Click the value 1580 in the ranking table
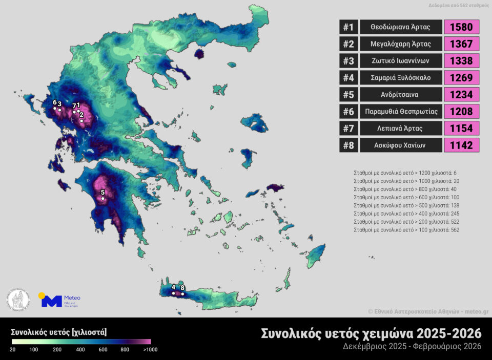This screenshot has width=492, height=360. pyautogui.click(x=461, y=27)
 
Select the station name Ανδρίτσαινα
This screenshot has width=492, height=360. pyautogui.click(x=401, y=94)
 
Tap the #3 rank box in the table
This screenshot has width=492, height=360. pyautogui.click(x=348, y=60)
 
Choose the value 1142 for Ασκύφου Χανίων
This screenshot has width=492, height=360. pyautogui.click(x=461, y=145)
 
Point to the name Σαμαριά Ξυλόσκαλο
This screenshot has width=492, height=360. pyautogui.click(x=401, y=77)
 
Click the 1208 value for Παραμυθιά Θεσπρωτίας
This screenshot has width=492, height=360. pyautogui.click(x=461, y=111)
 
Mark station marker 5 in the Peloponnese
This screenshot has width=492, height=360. pyautogui.click(x=103, y=198)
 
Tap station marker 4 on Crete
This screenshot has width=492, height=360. pyautogui.click(x=173, y=293)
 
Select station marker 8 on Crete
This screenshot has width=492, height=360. pyautogui.click(x=182, y=294)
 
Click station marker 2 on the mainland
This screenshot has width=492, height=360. pyautogui.click(x=81, y=121)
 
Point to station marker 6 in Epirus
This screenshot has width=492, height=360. pyautogui.click(x=55, y=108)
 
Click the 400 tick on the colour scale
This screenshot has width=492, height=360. pyautogui.click(x=80, y=349)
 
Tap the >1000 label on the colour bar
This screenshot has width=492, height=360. pyautogui.click(x=150, y=349)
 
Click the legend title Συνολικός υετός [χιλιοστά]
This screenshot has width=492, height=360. pyautogui.click(x=59, y=332)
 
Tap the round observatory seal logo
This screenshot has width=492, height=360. pyautogui.click(x=18, y=301)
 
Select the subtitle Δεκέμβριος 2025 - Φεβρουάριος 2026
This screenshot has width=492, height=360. pyautogui.click(x=412, y=347)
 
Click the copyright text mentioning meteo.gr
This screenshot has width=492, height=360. pyautogui.click(x=428, y=311)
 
